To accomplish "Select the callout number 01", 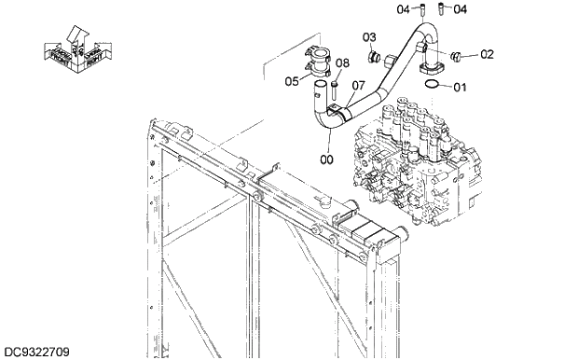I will click(459, 88).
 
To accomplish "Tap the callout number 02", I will click(487, 54).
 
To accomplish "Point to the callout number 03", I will click(370, 37).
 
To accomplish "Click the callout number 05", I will click(292, 81).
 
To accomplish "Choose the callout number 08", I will click(342, 63).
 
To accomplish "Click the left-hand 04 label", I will click(404, 9).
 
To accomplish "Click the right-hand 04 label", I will click(460, 9).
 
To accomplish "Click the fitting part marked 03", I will click(375, 59).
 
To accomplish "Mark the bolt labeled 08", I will click(331, 90).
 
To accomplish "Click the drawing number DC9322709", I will click(34, 352).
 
